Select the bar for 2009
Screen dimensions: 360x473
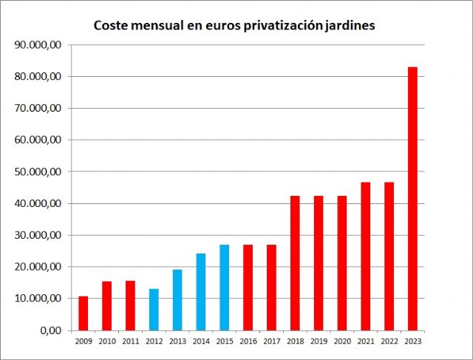(84, 313)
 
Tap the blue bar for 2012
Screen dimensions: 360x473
(154, 310)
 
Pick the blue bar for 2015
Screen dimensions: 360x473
(224, 288)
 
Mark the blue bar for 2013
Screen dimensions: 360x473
(177, 299)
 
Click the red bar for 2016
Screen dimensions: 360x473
(248, 288)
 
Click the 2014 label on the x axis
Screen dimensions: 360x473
(200, 341)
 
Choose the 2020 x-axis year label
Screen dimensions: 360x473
(341, 341)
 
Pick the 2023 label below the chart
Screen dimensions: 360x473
(412, 341)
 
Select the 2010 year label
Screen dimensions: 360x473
(106, 341)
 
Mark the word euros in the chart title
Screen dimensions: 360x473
(220, 26)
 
